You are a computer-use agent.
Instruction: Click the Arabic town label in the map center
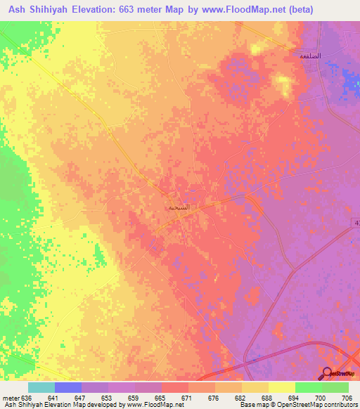pos(178,207)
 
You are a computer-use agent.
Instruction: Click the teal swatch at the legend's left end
pos(41,387)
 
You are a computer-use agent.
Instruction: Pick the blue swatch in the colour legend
pos(68,387)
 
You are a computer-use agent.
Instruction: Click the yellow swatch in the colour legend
pos(282,387)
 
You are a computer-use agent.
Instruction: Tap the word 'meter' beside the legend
pos(12,397)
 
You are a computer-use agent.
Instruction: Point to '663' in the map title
pos(120,10)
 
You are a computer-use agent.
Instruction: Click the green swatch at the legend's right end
pos(335,387)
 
